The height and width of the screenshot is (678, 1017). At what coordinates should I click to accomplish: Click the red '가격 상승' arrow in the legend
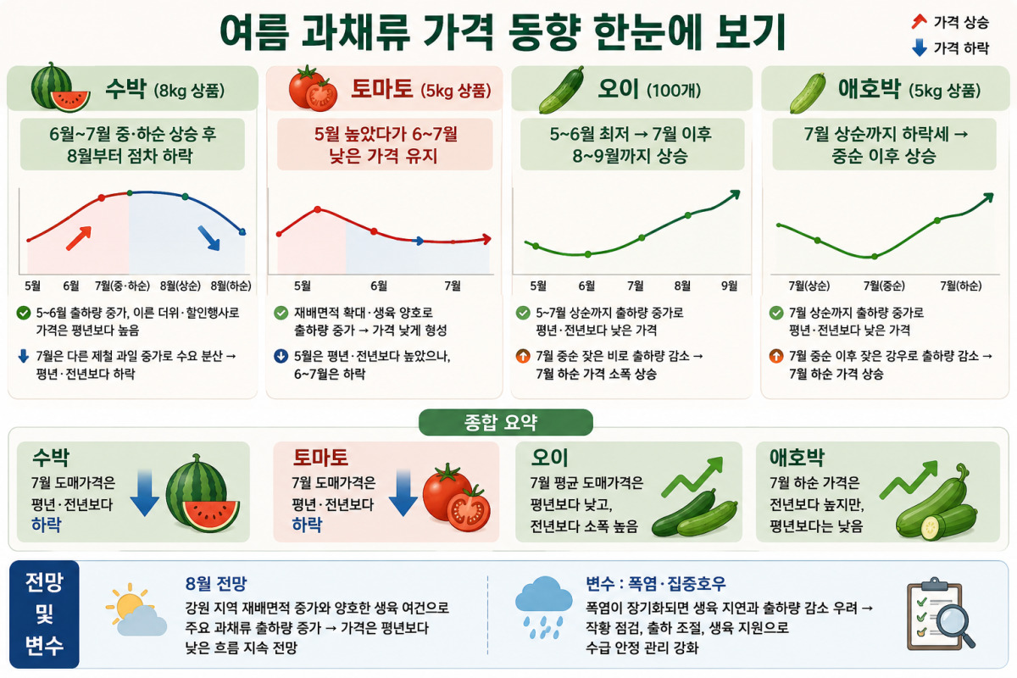920,21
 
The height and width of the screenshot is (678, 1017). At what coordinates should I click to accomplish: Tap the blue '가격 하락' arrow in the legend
920,47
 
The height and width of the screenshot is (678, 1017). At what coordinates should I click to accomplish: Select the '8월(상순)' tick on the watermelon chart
181,286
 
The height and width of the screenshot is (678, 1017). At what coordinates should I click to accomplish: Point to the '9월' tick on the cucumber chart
729,286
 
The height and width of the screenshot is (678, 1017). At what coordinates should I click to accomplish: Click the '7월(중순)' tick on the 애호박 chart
883,286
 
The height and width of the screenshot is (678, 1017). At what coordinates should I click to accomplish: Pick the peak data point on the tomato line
317,209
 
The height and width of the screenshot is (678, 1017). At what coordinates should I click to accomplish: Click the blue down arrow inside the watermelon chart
208,238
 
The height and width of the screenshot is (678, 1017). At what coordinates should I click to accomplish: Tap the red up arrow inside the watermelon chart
79,238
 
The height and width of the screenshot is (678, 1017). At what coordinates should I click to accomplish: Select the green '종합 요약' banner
506,422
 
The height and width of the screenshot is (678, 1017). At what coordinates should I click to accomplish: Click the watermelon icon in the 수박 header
60,87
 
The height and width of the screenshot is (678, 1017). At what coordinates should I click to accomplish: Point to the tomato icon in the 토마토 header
313,88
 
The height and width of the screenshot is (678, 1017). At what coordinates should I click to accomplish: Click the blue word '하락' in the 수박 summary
47,525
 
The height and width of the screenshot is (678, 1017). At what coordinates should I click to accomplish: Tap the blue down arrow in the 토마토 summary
403,493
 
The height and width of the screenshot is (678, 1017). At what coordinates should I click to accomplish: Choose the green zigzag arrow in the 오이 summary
692,477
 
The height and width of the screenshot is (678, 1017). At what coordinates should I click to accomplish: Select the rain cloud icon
543,608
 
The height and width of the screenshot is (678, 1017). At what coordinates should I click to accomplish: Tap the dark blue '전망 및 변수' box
44,614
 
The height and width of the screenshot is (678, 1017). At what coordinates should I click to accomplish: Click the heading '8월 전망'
215,584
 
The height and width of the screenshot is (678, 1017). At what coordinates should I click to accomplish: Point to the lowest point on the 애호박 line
875,257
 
